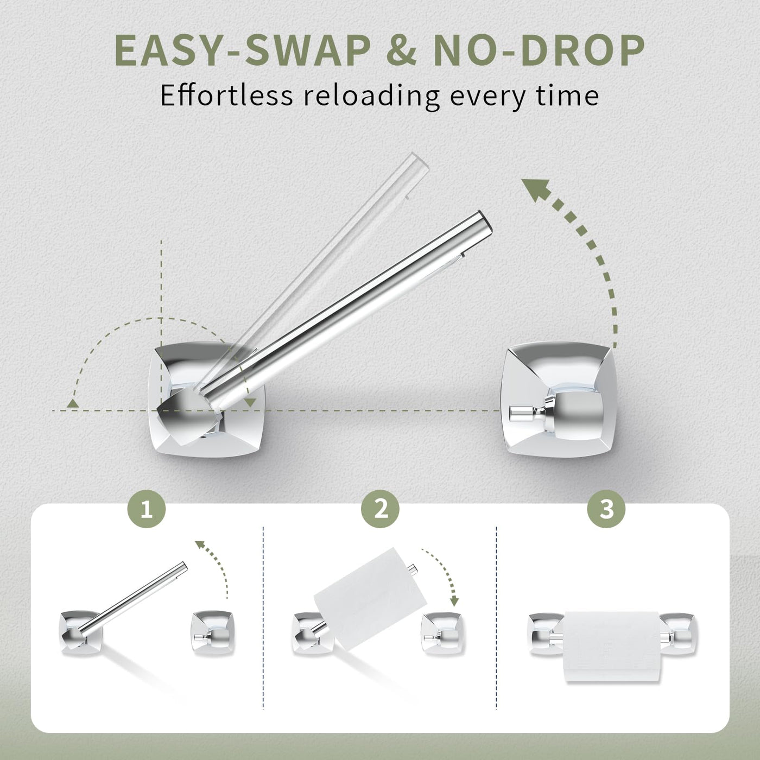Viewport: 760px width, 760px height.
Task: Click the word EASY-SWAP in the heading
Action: (243, 51)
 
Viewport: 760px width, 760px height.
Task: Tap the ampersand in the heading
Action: (403, 51)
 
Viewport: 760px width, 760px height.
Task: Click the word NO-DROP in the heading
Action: (539, 51)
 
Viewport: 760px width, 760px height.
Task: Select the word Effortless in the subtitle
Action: (226, 96)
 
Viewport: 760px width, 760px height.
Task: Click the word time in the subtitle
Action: (571, 96)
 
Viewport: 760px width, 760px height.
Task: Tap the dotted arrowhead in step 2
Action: (454, 612)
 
